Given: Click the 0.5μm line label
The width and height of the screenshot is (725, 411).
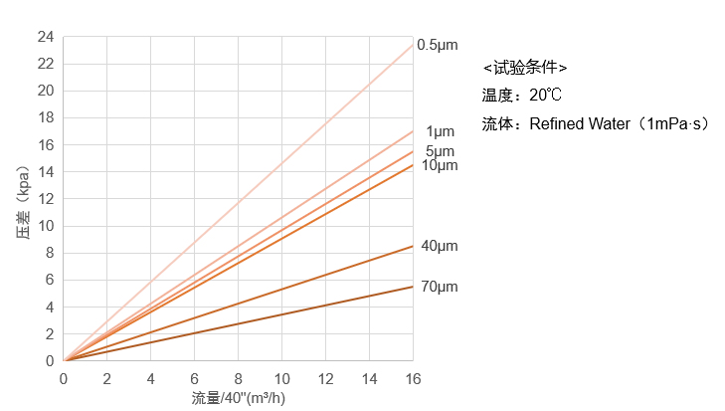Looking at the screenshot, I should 438,45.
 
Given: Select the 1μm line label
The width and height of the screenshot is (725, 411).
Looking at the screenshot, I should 440,131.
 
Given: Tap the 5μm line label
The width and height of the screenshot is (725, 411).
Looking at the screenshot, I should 440,151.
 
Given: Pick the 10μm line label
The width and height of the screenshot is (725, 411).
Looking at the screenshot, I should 439,164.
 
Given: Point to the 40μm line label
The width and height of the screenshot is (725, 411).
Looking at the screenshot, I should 439,246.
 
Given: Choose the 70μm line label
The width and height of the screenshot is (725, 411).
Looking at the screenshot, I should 439,287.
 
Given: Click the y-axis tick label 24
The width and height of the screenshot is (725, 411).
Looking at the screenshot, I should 45,37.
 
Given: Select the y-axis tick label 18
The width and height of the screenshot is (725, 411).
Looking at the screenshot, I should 45,117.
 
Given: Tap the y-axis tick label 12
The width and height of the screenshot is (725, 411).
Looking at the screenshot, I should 45,199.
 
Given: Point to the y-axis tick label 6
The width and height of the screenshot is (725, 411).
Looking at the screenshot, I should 49,280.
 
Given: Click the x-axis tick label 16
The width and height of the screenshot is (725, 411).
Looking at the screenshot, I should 413,379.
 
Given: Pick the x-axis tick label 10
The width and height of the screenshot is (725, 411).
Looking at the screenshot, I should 281,379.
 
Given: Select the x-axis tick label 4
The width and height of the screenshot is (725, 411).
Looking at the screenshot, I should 150,379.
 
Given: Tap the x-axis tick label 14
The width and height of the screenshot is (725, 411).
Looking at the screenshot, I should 369,379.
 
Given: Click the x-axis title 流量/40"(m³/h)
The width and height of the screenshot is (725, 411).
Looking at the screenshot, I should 239,398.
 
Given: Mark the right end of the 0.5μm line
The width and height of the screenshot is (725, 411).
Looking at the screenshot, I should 413,45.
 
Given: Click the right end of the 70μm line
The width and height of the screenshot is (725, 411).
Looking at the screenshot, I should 413,287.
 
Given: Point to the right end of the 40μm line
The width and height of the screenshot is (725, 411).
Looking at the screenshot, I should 413,246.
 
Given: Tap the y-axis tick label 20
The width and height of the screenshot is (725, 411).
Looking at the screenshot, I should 45,91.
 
